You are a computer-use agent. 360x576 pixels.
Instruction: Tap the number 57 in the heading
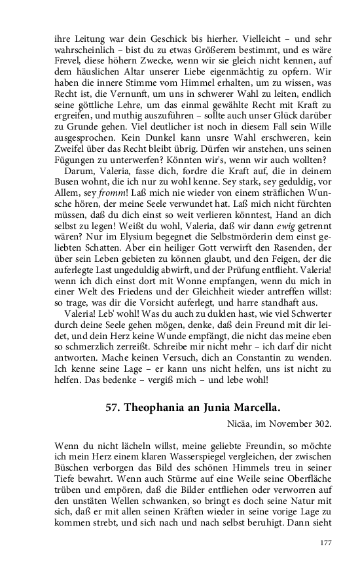point(112,406)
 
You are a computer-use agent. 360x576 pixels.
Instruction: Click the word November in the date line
point(285,422)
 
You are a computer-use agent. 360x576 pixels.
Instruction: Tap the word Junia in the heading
point(215,406)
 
